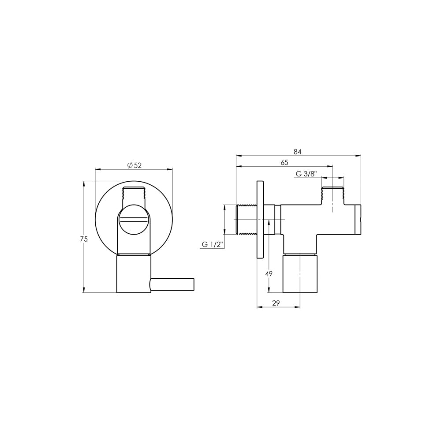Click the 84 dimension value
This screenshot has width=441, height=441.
pos(298,152)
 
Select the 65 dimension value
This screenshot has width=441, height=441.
pos(284,163)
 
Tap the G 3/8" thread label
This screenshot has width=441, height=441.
pos(306,174)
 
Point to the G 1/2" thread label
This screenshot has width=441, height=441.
pos(213,244)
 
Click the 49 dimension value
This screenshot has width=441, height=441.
pos(269,273)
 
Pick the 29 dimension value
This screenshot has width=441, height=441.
pos(276,303)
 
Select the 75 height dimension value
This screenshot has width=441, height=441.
pos(84,239)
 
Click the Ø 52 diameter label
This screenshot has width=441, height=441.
pos(134,165)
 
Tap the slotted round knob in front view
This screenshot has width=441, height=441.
pos(134,220)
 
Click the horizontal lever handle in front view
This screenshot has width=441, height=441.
pos(172,284)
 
